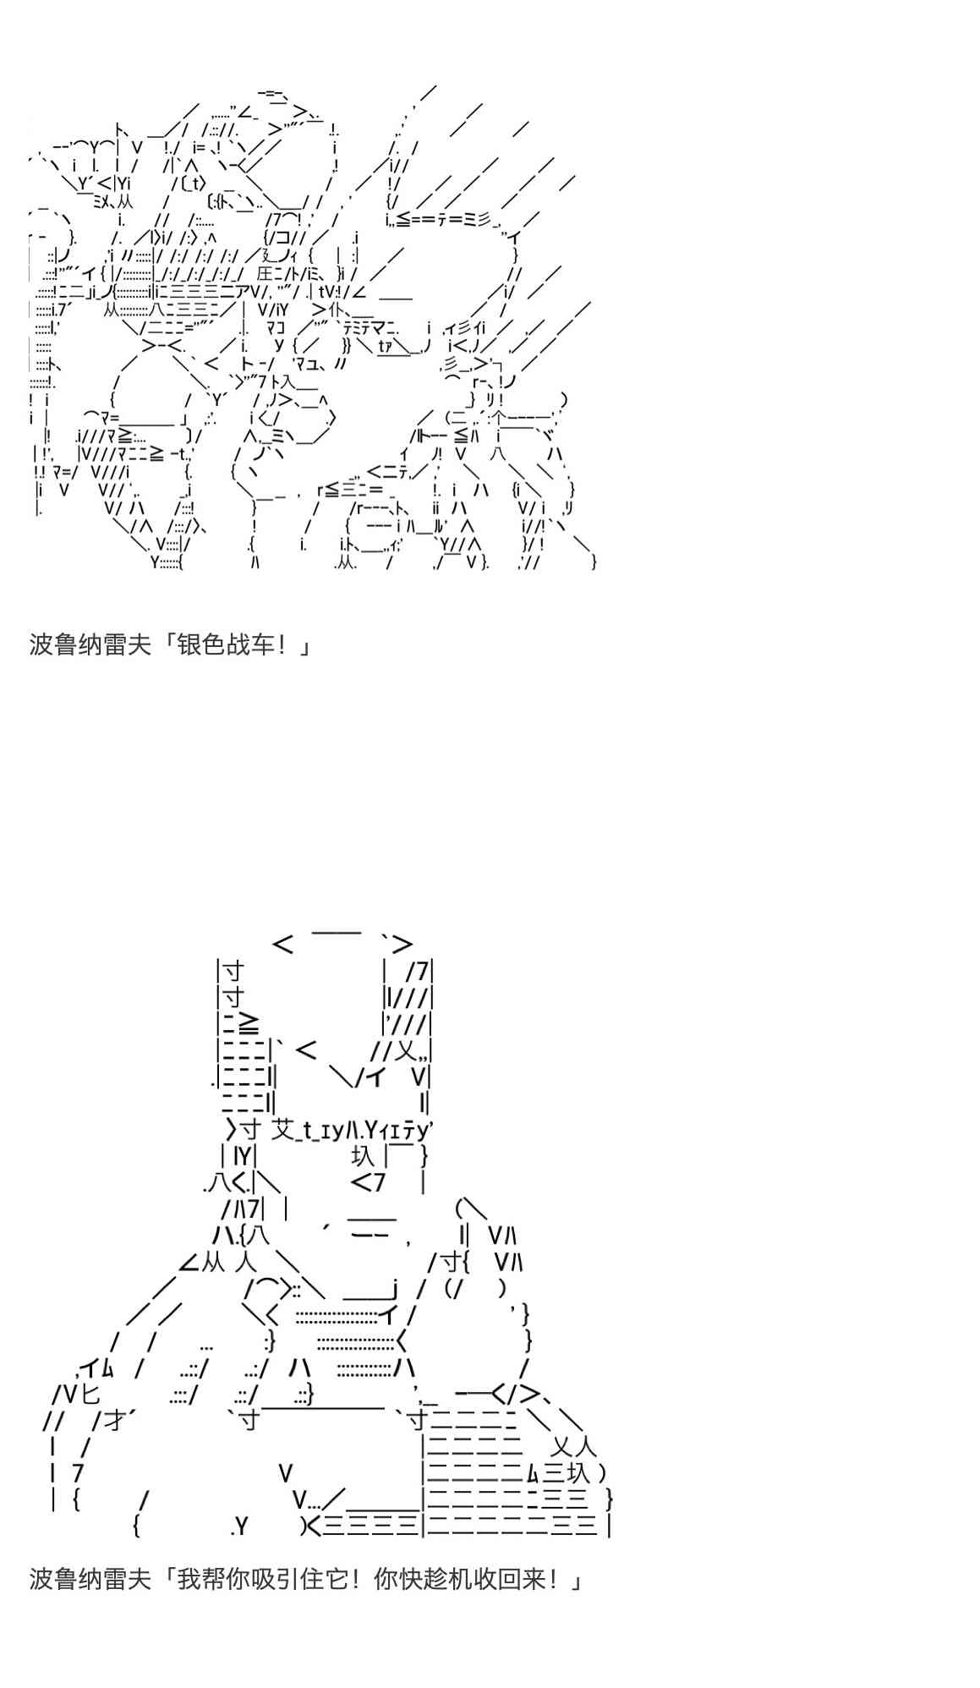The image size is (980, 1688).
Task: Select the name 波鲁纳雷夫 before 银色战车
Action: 90,645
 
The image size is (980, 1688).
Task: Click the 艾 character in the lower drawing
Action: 284,1129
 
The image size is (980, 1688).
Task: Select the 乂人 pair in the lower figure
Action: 574,1446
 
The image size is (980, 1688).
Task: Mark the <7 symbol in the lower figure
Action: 368,1181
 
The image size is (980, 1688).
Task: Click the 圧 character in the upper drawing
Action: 265,273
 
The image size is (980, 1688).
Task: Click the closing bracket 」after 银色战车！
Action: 304,647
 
